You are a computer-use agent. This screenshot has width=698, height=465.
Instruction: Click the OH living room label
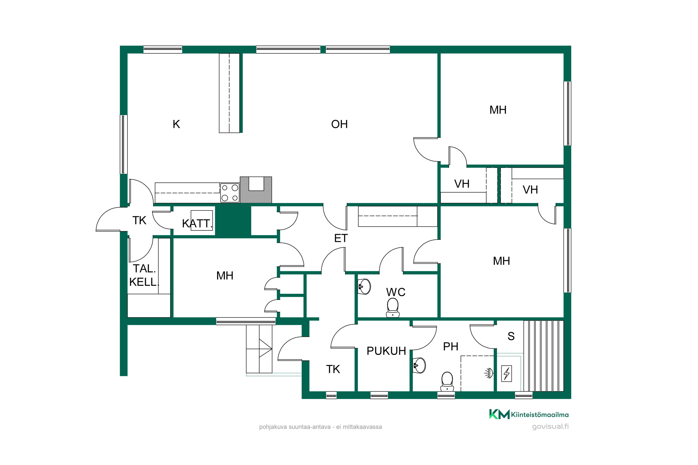point(339,124)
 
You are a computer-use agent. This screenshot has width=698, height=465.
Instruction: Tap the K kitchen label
point(176,124)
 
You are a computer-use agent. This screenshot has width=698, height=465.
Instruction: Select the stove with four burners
point(230,193)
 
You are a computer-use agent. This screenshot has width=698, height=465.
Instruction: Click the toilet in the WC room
point(393,308)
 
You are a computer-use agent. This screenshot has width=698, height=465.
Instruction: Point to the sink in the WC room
point(364,286)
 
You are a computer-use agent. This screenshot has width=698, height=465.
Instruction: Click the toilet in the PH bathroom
point(447,382)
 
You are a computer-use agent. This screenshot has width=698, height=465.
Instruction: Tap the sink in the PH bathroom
point(419,365)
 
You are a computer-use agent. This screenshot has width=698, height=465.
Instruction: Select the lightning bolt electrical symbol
point(507,373)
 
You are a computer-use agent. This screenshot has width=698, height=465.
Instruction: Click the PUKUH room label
point(386,351)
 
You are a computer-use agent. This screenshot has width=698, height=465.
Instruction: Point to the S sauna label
point(511,336)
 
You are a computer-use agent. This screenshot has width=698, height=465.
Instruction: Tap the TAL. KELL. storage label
point(144,275)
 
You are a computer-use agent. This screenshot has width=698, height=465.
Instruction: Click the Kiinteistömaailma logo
point(529,414)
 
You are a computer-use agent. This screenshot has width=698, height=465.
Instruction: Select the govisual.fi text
point(550,426)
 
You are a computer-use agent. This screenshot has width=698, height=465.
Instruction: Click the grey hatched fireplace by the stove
point(256,190)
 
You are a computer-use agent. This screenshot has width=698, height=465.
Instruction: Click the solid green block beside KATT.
point(233,222)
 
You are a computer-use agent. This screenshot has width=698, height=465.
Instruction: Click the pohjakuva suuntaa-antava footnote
point(321,427)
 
